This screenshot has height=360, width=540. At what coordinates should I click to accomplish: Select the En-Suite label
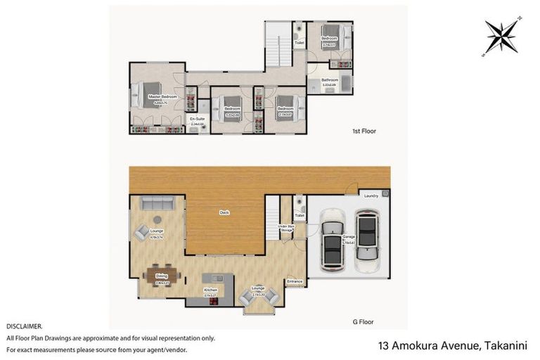click(x=197, y=120)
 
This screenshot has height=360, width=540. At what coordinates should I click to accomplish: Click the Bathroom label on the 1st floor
click(x=330, y=80)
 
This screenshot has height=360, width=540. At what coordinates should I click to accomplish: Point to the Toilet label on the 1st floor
click(x=299, y=43)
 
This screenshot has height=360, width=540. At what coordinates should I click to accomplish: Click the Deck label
click(x=225, y=212)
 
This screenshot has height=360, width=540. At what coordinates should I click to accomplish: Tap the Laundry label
click(x=371, y=195)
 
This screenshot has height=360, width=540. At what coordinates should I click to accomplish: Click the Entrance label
click(x=294, y=281)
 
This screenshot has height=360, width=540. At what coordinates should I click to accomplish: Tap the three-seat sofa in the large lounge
click(x=157, y=203)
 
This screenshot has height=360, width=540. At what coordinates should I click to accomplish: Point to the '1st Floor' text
click(x=364, y=131)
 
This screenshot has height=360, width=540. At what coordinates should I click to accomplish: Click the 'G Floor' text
click(x=363, y=321)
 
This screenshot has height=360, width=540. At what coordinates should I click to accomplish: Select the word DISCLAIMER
click(x=25, y=326)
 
